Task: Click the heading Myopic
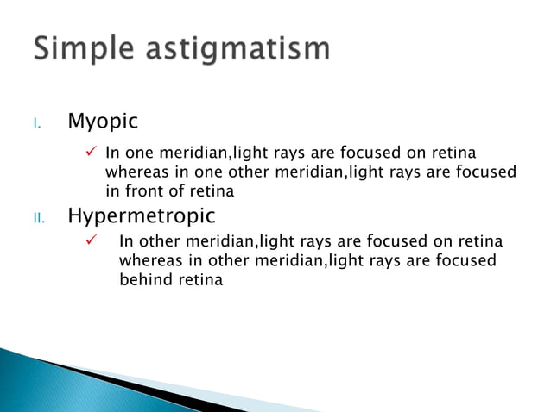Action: click(102, 122)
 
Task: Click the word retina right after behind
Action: click(199, 279)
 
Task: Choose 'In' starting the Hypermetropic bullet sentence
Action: click(126, 241)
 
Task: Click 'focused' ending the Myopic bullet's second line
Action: click(486, 172)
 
